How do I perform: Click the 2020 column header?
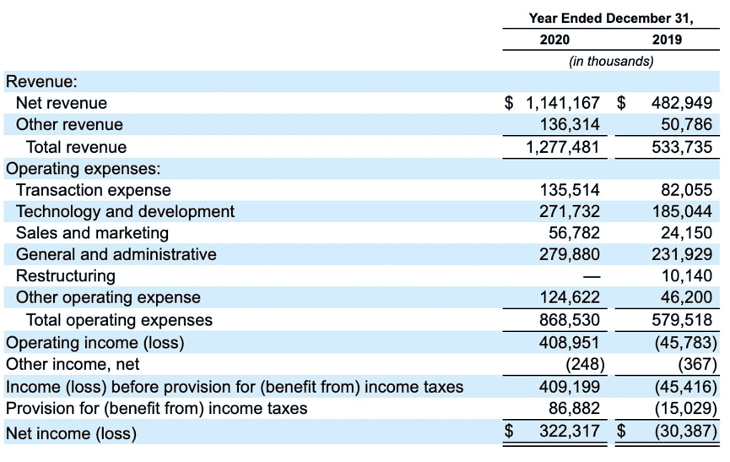(x=554, y=40)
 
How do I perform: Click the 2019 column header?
(x=668, y=40)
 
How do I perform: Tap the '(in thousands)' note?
(x=611, y=61)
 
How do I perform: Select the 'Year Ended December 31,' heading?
(x=611, y=19)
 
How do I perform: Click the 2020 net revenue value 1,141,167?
(x=563, y=102)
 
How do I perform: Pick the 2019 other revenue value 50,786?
(x=687, y=124)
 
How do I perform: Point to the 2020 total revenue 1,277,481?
(x=562, y=147)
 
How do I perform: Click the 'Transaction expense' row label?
(x=93, y=190)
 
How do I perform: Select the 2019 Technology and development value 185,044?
(x=682, y=211)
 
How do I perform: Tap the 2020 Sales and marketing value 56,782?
(x=575, y=233)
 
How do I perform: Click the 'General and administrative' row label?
(x=116, y=254)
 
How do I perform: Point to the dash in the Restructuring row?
(x=592, y=277)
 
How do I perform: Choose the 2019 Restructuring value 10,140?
(x=687, y=275)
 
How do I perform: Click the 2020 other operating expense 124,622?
(x=570, y=297)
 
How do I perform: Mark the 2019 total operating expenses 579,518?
(x=682, y=320)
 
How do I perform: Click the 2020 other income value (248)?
(x=585, y=364)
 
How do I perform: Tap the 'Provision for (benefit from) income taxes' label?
(x=156, y=409)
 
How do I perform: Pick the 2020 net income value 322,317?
(x=570, y=431)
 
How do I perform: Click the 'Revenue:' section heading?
(x=41, y=81)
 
